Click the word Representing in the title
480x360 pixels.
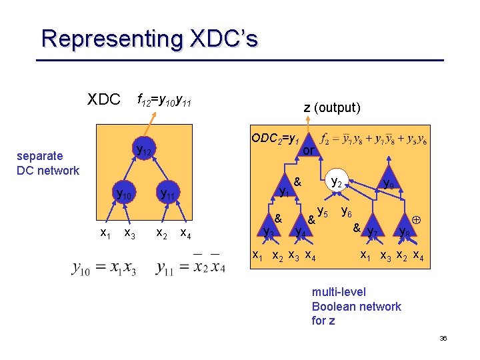(x=109, y=38)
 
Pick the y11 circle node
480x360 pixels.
(x=166, y=195)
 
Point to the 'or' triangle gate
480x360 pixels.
(x=307, y=149)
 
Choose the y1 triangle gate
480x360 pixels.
(x=285, y=190)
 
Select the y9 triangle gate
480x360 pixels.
(x=387, y=183)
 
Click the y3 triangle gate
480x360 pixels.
(x=269, y=231)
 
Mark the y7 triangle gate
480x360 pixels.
(x=373, y=230)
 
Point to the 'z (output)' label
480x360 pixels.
(x=332, y=107)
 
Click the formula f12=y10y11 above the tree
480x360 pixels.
(x=164, y=101)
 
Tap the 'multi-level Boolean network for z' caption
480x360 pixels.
(x=356, y=306)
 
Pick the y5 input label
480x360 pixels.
(x=322, y=212)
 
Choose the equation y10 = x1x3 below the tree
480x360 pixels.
(x=103, y=269)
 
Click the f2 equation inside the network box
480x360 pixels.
(x=374, y=140)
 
